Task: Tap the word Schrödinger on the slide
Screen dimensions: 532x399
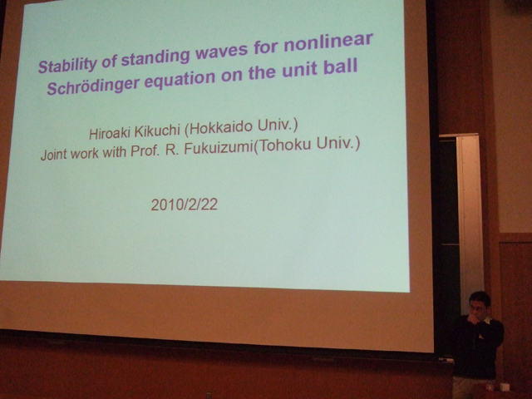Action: tap(93, 85)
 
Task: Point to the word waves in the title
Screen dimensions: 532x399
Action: tap(222, 52)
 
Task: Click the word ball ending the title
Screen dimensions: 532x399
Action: tap(340, 66)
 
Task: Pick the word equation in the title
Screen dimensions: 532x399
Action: tap(180, 80)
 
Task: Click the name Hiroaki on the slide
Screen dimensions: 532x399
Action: tap(110, 133)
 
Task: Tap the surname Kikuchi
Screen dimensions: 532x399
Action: tap(157, 131)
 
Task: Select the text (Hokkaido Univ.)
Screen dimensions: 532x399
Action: tap(241, 127)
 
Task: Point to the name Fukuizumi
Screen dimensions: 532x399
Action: tap(219, 148)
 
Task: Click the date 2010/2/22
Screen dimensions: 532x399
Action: tap(185, 204)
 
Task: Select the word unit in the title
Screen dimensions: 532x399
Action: tap(301, 69)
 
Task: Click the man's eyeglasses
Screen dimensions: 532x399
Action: tap(477, 308)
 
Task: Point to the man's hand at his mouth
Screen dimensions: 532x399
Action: tap(473, 318)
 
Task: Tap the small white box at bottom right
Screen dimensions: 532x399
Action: tap(505, 387)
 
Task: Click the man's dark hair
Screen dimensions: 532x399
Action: tap(480, 298)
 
